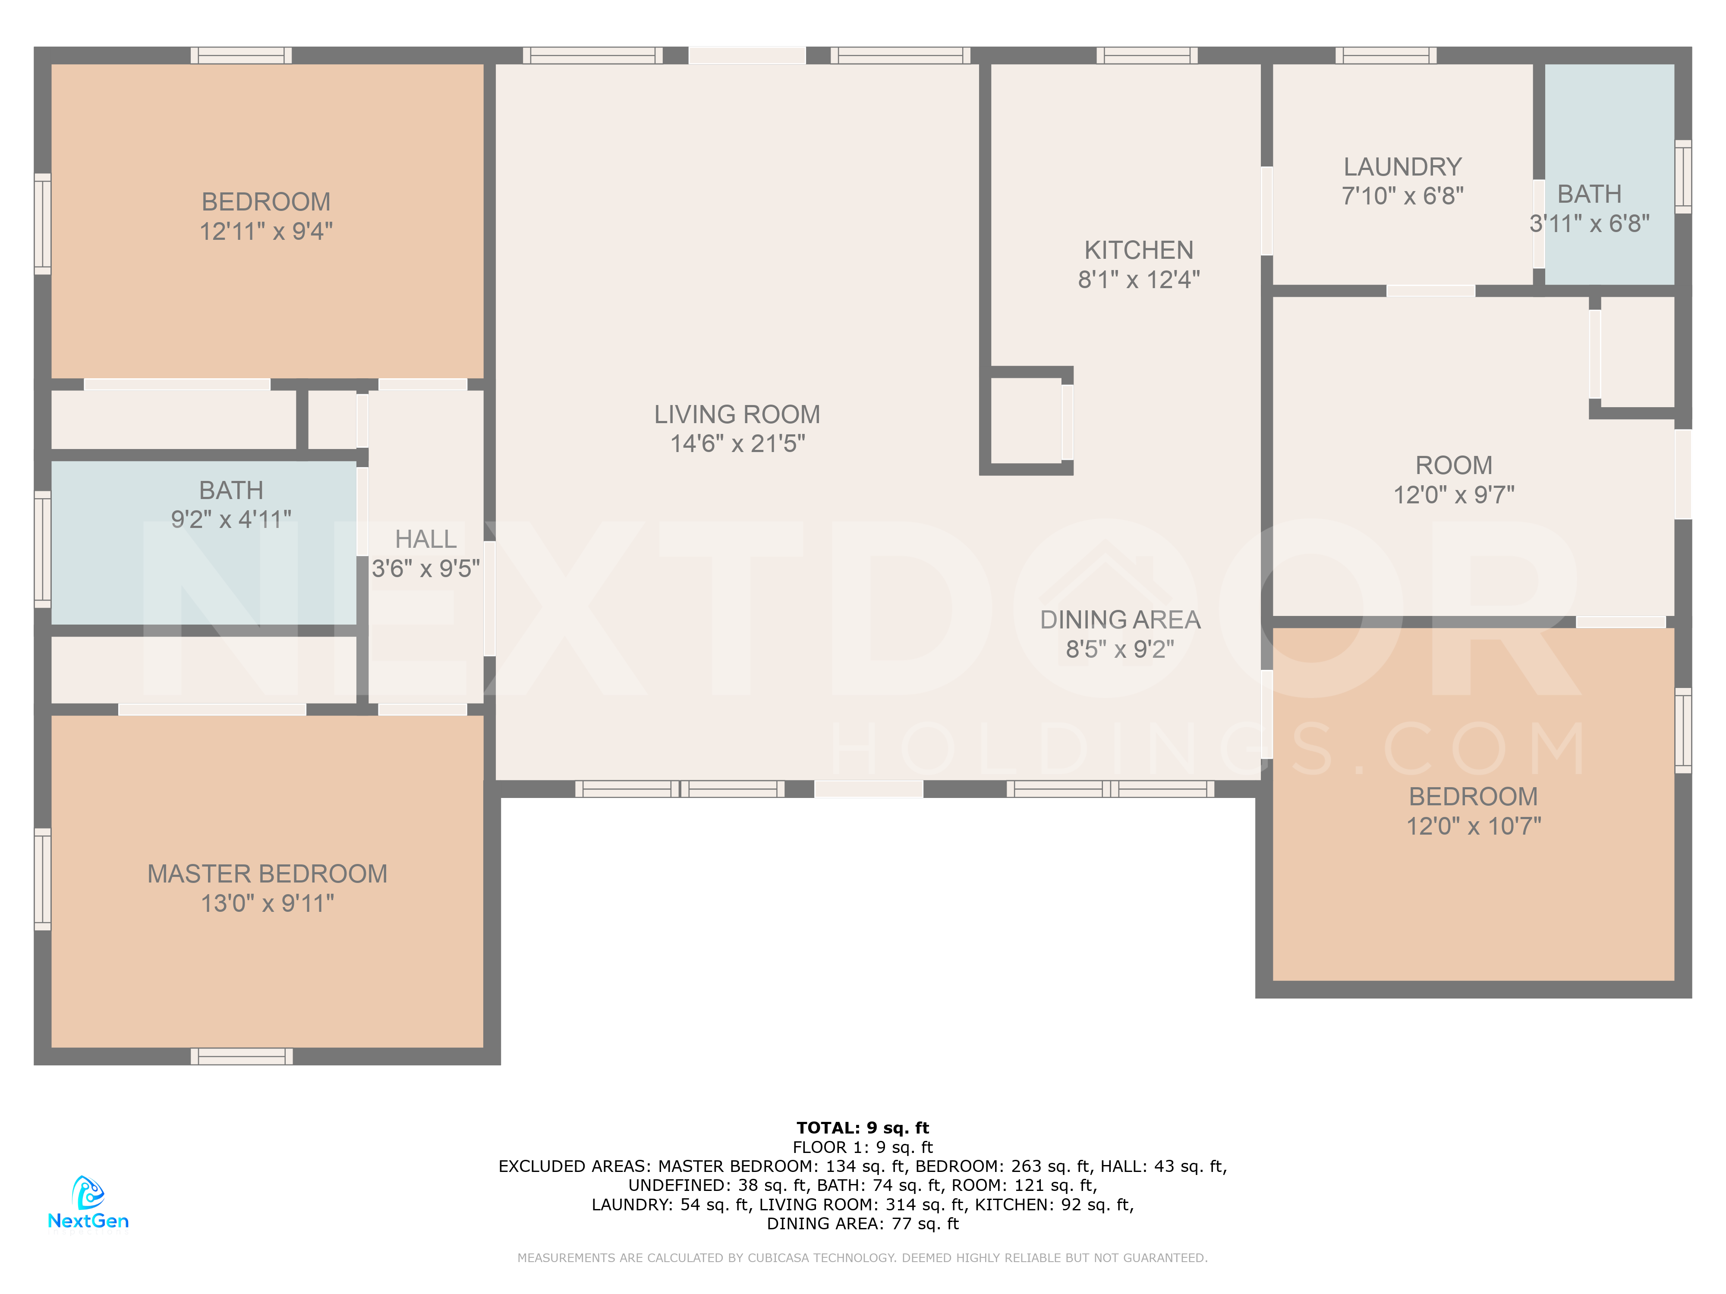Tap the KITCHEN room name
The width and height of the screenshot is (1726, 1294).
click(x=1138, y=250)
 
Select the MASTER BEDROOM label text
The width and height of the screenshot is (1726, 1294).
click(x=268, y=873)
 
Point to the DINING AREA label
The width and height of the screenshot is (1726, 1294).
click(x=1120, y=620)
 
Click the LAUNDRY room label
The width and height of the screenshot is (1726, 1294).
click(x=1402, y=167)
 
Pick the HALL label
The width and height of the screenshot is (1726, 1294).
click(x=425, y=539)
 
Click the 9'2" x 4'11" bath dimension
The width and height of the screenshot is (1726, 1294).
click(x=231, y=519)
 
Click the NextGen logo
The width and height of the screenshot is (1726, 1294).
click(x=88, y=1203)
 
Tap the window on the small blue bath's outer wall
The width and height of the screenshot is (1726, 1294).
click(x=1683, y=176)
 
